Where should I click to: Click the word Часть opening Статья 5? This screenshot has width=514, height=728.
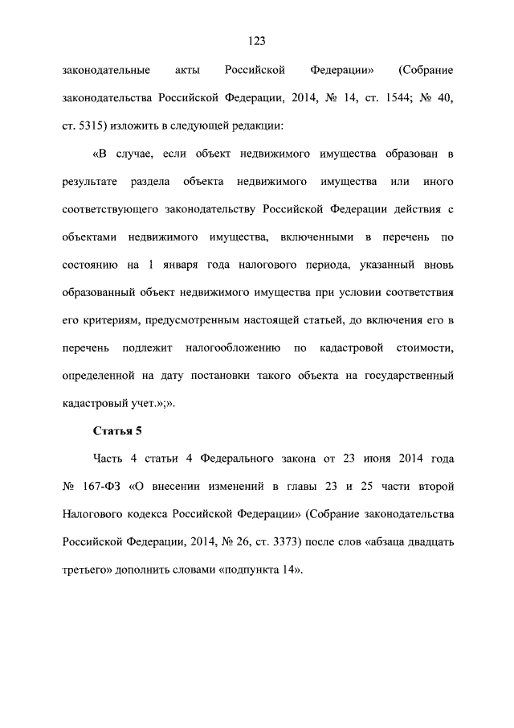106,459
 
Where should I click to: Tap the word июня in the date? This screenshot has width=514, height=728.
373,459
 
